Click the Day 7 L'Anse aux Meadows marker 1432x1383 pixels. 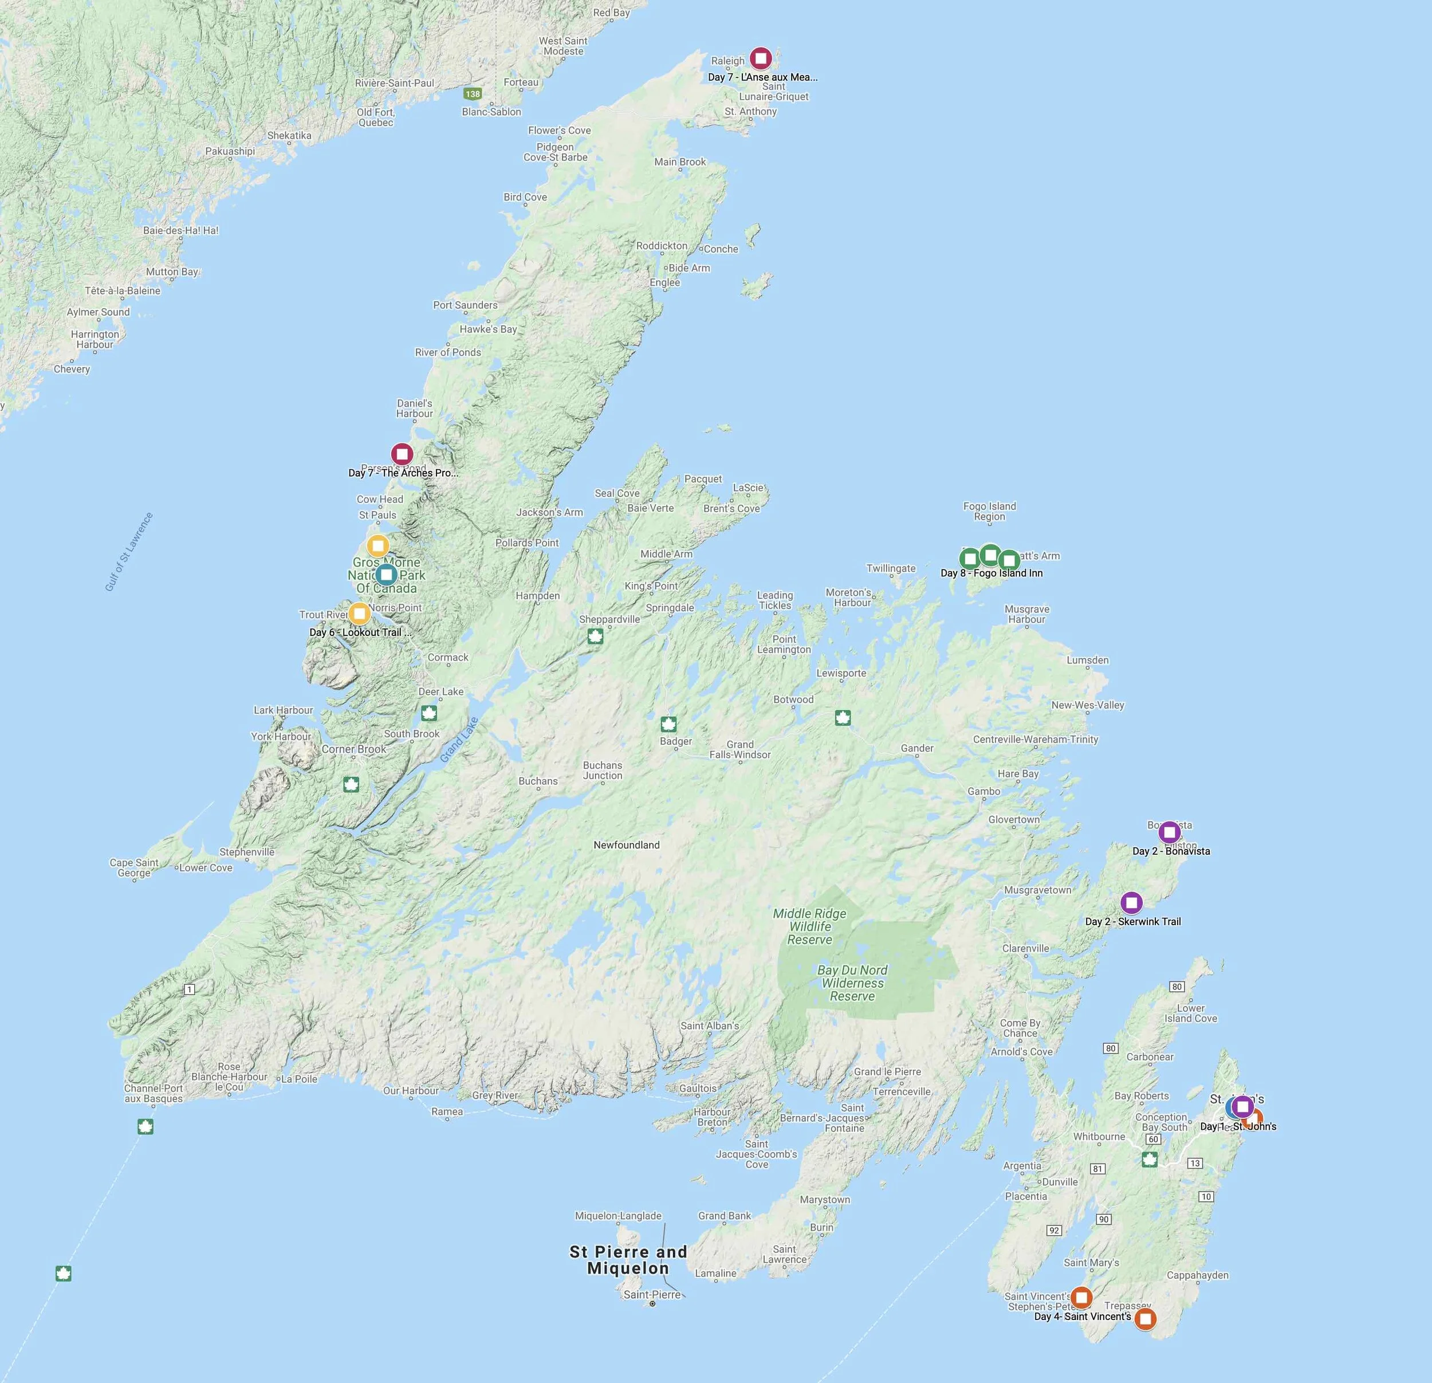761,58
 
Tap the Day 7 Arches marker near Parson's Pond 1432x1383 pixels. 401,454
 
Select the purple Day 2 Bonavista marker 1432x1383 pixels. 1169,831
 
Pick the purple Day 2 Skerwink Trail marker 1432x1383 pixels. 1131,903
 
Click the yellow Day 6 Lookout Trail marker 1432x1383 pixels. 359,613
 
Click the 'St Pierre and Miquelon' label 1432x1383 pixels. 628,1259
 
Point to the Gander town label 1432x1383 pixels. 917,748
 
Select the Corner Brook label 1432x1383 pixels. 353,749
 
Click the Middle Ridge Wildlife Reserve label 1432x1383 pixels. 809,926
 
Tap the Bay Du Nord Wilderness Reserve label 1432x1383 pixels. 852,983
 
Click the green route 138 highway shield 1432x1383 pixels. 473,93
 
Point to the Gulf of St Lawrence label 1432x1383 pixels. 129,552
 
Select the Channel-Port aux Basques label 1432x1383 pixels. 154,1093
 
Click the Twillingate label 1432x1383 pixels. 891,568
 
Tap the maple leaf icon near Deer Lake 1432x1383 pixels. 429,712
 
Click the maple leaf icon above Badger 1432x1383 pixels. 668,724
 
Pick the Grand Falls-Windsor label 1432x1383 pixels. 740,749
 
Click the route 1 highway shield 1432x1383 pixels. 189,989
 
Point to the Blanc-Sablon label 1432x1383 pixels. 491,112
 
